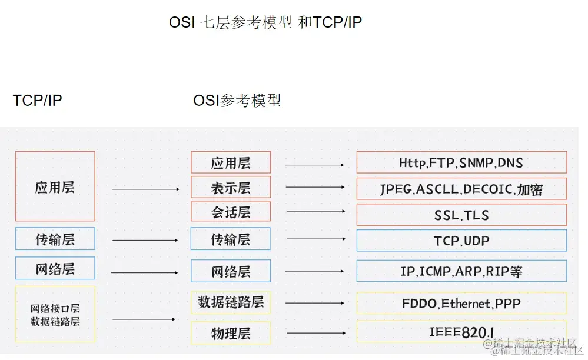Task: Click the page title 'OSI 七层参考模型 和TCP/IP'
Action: tap(265, 22)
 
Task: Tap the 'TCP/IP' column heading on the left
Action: tap(37, 101)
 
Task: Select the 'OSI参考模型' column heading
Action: tap(237, 101)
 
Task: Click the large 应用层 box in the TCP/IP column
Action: tap(55, 187)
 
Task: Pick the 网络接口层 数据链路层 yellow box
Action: tap(55, 314)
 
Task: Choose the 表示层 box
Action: tap(231, 187)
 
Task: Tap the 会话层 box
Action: tap(231, 212)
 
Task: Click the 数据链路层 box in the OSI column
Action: tap(231, 302)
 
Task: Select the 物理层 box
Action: tap(231, 333)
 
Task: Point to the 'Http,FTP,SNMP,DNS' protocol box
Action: tap(461, 162)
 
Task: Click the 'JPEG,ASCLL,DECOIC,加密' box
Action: tap(461, 189)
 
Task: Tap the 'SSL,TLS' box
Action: tap(461, 215)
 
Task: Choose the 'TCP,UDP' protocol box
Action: tap(461, 241)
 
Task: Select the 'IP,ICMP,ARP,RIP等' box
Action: tap(461, 271)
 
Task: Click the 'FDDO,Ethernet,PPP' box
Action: tap(461, 304)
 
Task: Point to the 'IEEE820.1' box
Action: tap(461, 332)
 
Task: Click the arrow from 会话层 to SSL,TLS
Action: tap(316, 211)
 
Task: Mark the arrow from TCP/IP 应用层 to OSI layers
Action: tap(145, 189)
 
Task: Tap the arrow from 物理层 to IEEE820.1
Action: tap(315, 332)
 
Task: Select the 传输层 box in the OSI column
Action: tap(231, 239)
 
